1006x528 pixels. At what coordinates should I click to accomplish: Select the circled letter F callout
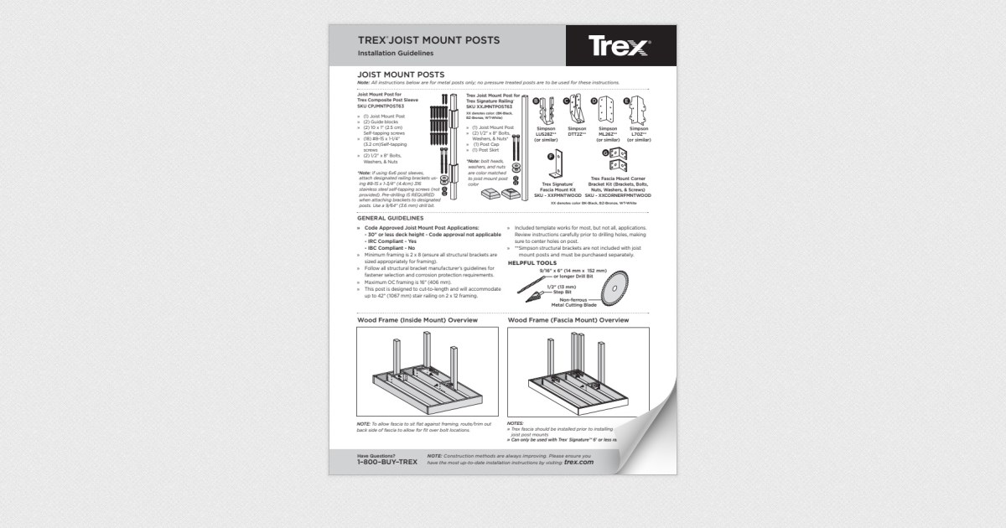(x=550, y=156)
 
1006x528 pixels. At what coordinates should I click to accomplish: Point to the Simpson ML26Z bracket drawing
(x=606, y=111)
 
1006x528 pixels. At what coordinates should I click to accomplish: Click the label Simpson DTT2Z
(x=577, y=132)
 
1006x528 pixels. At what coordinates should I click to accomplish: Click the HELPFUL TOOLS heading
(x=532, y=262)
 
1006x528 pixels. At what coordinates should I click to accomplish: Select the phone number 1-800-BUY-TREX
(x=386, y=462)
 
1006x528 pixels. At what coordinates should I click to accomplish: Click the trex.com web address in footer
(x=578, y=462)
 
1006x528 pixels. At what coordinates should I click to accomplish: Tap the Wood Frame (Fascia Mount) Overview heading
(x=568, y=320)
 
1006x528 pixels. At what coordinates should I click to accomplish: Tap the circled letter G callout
(x=605, y=152)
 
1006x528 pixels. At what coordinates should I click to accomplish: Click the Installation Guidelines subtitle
(x=395, y=53)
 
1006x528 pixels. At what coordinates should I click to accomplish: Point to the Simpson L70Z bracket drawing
(x=639, y=111)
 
